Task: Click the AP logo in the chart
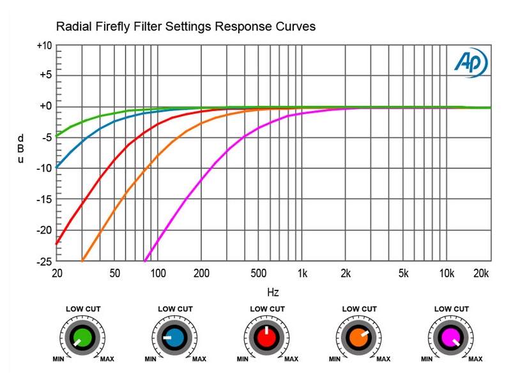[470, 63]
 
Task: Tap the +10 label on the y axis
[44, 46]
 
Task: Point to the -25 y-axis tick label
[44, 261]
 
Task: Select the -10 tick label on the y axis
[44, 169]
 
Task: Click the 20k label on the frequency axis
[480, 274]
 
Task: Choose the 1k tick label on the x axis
[302, 274]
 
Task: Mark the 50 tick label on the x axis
[115, 274]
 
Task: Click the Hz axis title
[273, 292]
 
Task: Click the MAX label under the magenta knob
[475, 359]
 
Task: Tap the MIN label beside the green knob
[59, 359]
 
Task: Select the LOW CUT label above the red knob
[267, 309]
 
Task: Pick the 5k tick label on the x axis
[403, 274]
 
